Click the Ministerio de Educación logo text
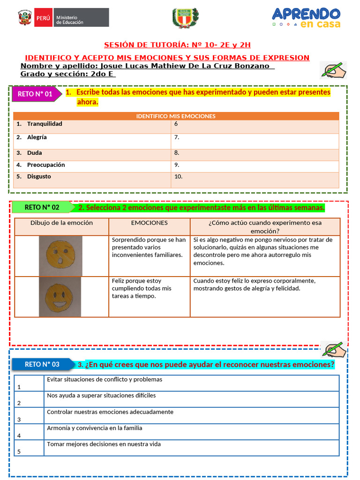pyautogui.click(x=70, y=19)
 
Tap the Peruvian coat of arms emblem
pyautogui.click(x=25, y=18)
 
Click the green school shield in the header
pyautogui.click(x=185, y=18)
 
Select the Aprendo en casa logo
pyautogui.click(x=306, y=18)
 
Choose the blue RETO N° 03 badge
pyautogui.click(x=43, y=364)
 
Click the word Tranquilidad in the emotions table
pyautogui.click(x=45, y=124)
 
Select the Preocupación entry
pyautogui.click(x=46, y=165)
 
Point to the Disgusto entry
pyautogui.click(x=39, y=177)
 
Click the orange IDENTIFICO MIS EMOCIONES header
pyautogui.click(x=176, y=116)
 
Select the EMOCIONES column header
pyautogui.click(x=149, y=223)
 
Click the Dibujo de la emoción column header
pyautogui.click(x=61, y=223)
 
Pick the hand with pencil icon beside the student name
pyautogui.click(x=333, y=70)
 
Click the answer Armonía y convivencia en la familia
pyautogui.click(x=94, y=428)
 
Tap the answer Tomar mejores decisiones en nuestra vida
pyautogui.click(x=104, y=444)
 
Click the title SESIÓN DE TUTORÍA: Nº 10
pyautogui.click(x=177, y=45)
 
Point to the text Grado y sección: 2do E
pyautogui.click(x=67, y=74)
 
